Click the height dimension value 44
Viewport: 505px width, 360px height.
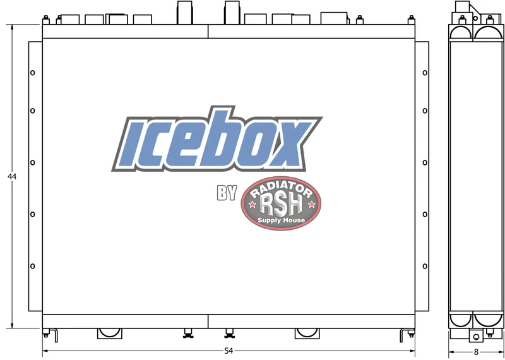pos(12,177)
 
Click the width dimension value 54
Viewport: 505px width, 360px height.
pos(229,351)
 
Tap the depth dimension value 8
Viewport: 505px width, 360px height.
pos(477,352)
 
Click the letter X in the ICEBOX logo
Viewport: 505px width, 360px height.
pos(288,143)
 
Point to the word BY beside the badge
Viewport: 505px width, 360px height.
pos(227,193)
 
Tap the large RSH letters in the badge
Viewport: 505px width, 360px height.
pos(281,205)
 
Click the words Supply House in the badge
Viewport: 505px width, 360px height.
pos(281,220)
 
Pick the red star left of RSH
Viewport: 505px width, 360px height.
pos(252,204)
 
